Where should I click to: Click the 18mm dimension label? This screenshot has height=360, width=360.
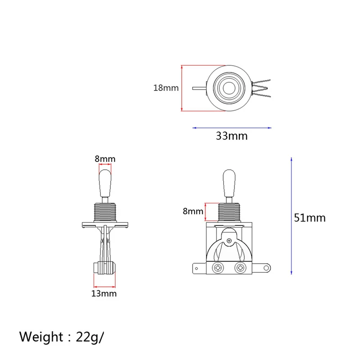(x=166, y=88)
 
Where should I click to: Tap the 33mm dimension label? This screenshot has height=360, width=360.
(x=232, y=136)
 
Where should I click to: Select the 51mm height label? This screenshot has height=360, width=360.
(x=310, y=218)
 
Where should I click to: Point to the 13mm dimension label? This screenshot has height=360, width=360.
(x=104, y=293)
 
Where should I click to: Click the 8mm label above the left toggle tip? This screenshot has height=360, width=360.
(x=105, y=159)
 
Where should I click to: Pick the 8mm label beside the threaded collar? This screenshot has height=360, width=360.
(x=193, y=211)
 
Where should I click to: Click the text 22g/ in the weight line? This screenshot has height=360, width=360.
(x=90, y=337)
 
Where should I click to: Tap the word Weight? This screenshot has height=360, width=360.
(x=41, y=337)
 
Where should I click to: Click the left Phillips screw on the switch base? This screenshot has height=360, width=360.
(x=218, y=268)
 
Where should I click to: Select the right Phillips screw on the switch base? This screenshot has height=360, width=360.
(x=240, y=268)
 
